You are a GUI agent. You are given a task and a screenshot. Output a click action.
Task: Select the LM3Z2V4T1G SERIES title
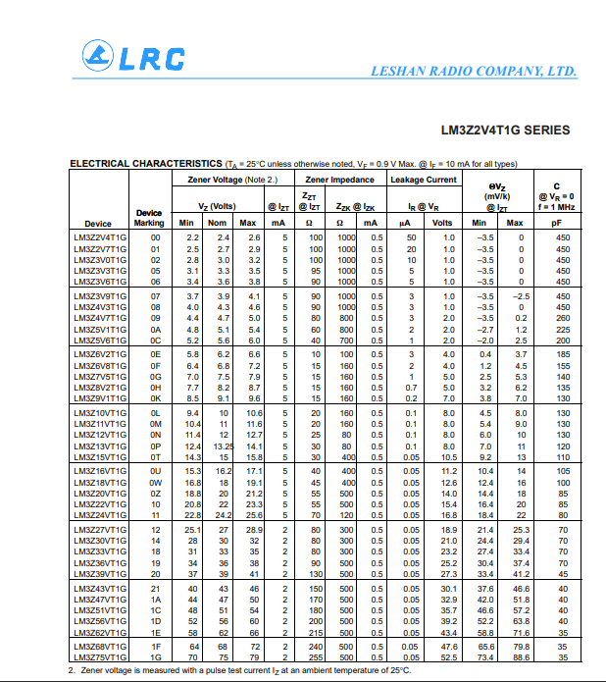[x=505, y=130]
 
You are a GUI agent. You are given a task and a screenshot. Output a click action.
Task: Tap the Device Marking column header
[x=149, y=218]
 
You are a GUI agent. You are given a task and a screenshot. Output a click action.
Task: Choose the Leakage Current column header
[x=424, y=180]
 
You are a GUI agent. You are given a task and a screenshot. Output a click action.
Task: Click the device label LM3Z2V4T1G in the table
[x=99, y=238]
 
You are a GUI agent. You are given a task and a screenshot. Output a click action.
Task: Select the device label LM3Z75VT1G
[x=99, y=658]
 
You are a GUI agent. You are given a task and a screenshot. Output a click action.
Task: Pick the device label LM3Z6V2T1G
[x=99, y=353]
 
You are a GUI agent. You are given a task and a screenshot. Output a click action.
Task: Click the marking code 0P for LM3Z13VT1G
[x=155, y=446]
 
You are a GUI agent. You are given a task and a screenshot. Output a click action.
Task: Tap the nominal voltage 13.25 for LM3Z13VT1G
[x=224, y=446]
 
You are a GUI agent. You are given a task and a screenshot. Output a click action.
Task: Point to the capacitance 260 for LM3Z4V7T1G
[x=563, y=318]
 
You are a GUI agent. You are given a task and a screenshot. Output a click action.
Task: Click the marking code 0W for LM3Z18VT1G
[x=155, y=483]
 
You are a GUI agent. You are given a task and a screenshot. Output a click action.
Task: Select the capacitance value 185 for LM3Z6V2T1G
[x=563, y=353]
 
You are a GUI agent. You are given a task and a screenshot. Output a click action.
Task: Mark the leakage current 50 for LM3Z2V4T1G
[x=412, y=238]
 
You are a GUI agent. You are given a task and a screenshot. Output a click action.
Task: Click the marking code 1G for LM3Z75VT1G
[x=155, y=658]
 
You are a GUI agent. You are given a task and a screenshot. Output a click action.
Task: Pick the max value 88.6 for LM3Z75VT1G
[x=521, y=658]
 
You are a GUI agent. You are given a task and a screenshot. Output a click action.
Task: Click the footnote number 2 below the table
[x=72, y=670]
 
